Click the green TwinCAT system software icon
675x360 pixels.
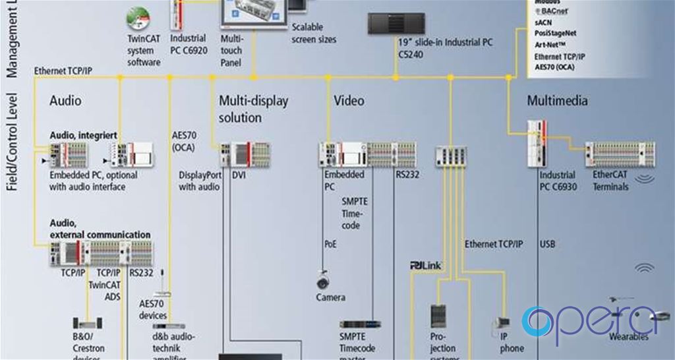pyautogui.click(x=138, y=18)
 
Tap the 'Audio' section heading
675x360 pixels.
pyautogui.click(x=66, y=101)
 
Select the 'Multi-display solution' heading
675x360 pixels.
pyautogui.click(x=253, y=109)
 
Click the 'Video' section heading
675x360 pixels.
pyautogui.click(x=349, y=101)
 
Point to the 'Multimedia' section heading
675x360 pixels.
pyautogui.click(x=557, y=101)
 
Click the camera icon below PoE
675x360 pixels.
pyautogui.click(x=323, y=281)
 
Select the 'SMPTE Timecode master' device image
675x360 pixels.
pyautogui.click(x=360, y=324)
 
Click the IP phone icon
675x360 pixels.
pyautogui.click(x=504, y=324)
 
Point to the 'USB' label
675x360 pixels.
pyautogui.click(x=547, y=244)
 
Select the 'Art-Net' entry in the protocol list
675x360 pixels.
pyautogui.click(x=550, y=45)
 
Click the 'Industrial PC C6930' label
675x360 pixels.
pyautogui.click(x=557, y=181)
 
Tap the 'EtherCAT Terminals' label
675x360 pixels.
pyautogui.click(x=612, y=181)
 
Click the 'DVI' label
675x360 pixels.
pyautogui.click(x=238, y=175)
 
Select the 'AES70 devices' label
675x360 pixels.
pyautogui.click(x=154, y=309)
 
